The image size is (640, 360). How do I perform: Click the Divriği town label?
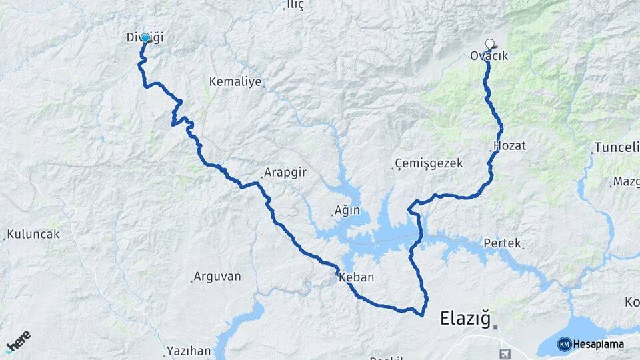[x=145, y=38]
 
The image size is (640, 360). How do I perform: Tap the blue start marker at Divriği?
[x=145, y=38]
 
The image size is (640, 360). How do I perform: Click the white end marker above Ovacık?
[x=490, y=45]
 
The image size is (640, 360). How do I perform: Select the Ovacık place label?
[x=489, y=57]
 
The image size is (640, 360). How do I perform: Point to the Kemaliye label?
[x=236, y=82]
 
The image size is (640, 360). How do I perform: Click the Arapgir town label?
[x=285, y=172]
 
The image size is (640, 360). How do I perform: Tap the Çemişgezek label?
[x=429, y=164]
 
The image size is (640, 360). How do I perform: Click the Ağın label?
[x=347, y=211]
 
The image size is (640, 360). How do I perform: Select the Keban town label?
[x=356, y=277]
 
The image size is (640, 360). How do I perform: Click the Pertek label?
[x=502, y=243]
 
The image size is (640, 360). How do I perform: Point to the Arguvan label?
[x=217, y=276]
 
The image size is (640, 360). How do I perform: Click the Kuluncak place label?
[x=33, y=235]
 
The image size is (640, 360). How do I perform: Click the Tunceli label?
[x=616, y=147]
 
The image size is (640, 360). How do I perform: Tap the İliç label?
[x=294, y=5]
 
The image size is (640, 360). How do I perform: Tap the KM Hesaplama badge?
[x=591, y=344]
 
